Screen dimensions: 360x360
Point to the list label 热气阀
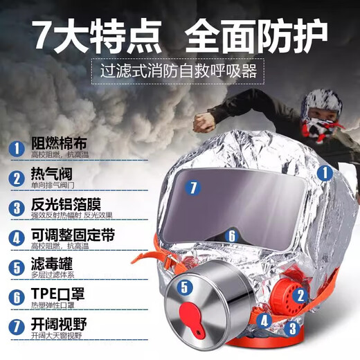pyautogui.click(x=48, y=176)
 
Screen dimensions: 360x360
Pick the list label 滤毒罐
pyautogui.click(x=48, y=265)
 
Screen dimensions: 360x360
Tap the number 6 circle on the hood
pyautogui.click(x=232, y=236)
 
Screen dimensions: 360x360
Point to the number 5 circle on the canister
pyautogui.click(x=183, y=285)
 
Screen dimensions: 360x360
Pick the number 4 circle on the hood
pyautogui.click(x=264, y=320)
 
